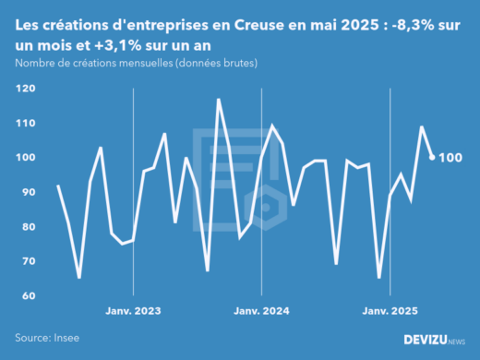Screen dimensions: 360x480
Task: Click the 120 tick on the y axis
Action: click(x=25, y=89)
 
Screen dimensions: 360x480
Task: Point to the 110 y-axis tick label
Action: click(x=25, y=123)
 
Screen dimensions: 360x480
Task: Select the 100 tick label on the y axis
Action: click(x=25, y=158)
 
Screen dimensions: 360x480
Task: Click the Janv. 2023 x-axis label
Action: click(x=134, y=312)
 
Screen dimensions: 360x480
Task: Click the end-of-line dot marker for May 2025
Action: click(x=432, y=157)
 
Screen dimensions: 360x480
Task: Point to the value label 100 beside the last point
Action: click(x=450, y=158)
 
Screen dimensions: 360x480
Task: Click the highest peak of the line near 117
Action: click(x=219, y=99)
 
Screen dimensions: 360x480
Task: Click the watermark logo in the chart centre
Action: click(x=240, y=180)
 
